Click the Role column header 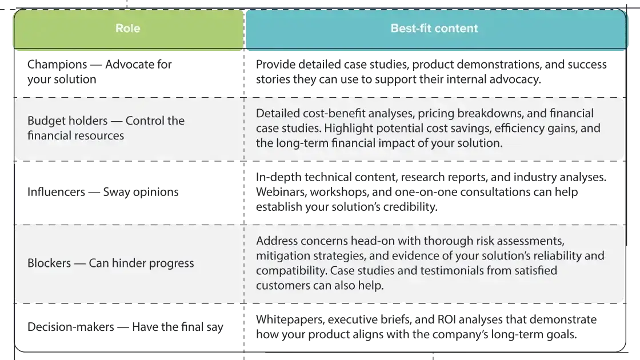[128, 28]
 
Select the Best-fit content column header [434, 28]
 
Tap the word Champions [57, 65]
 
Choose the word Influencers [57, 192]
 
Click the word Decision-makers [71, 327]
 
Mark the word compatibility [291, 271]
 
